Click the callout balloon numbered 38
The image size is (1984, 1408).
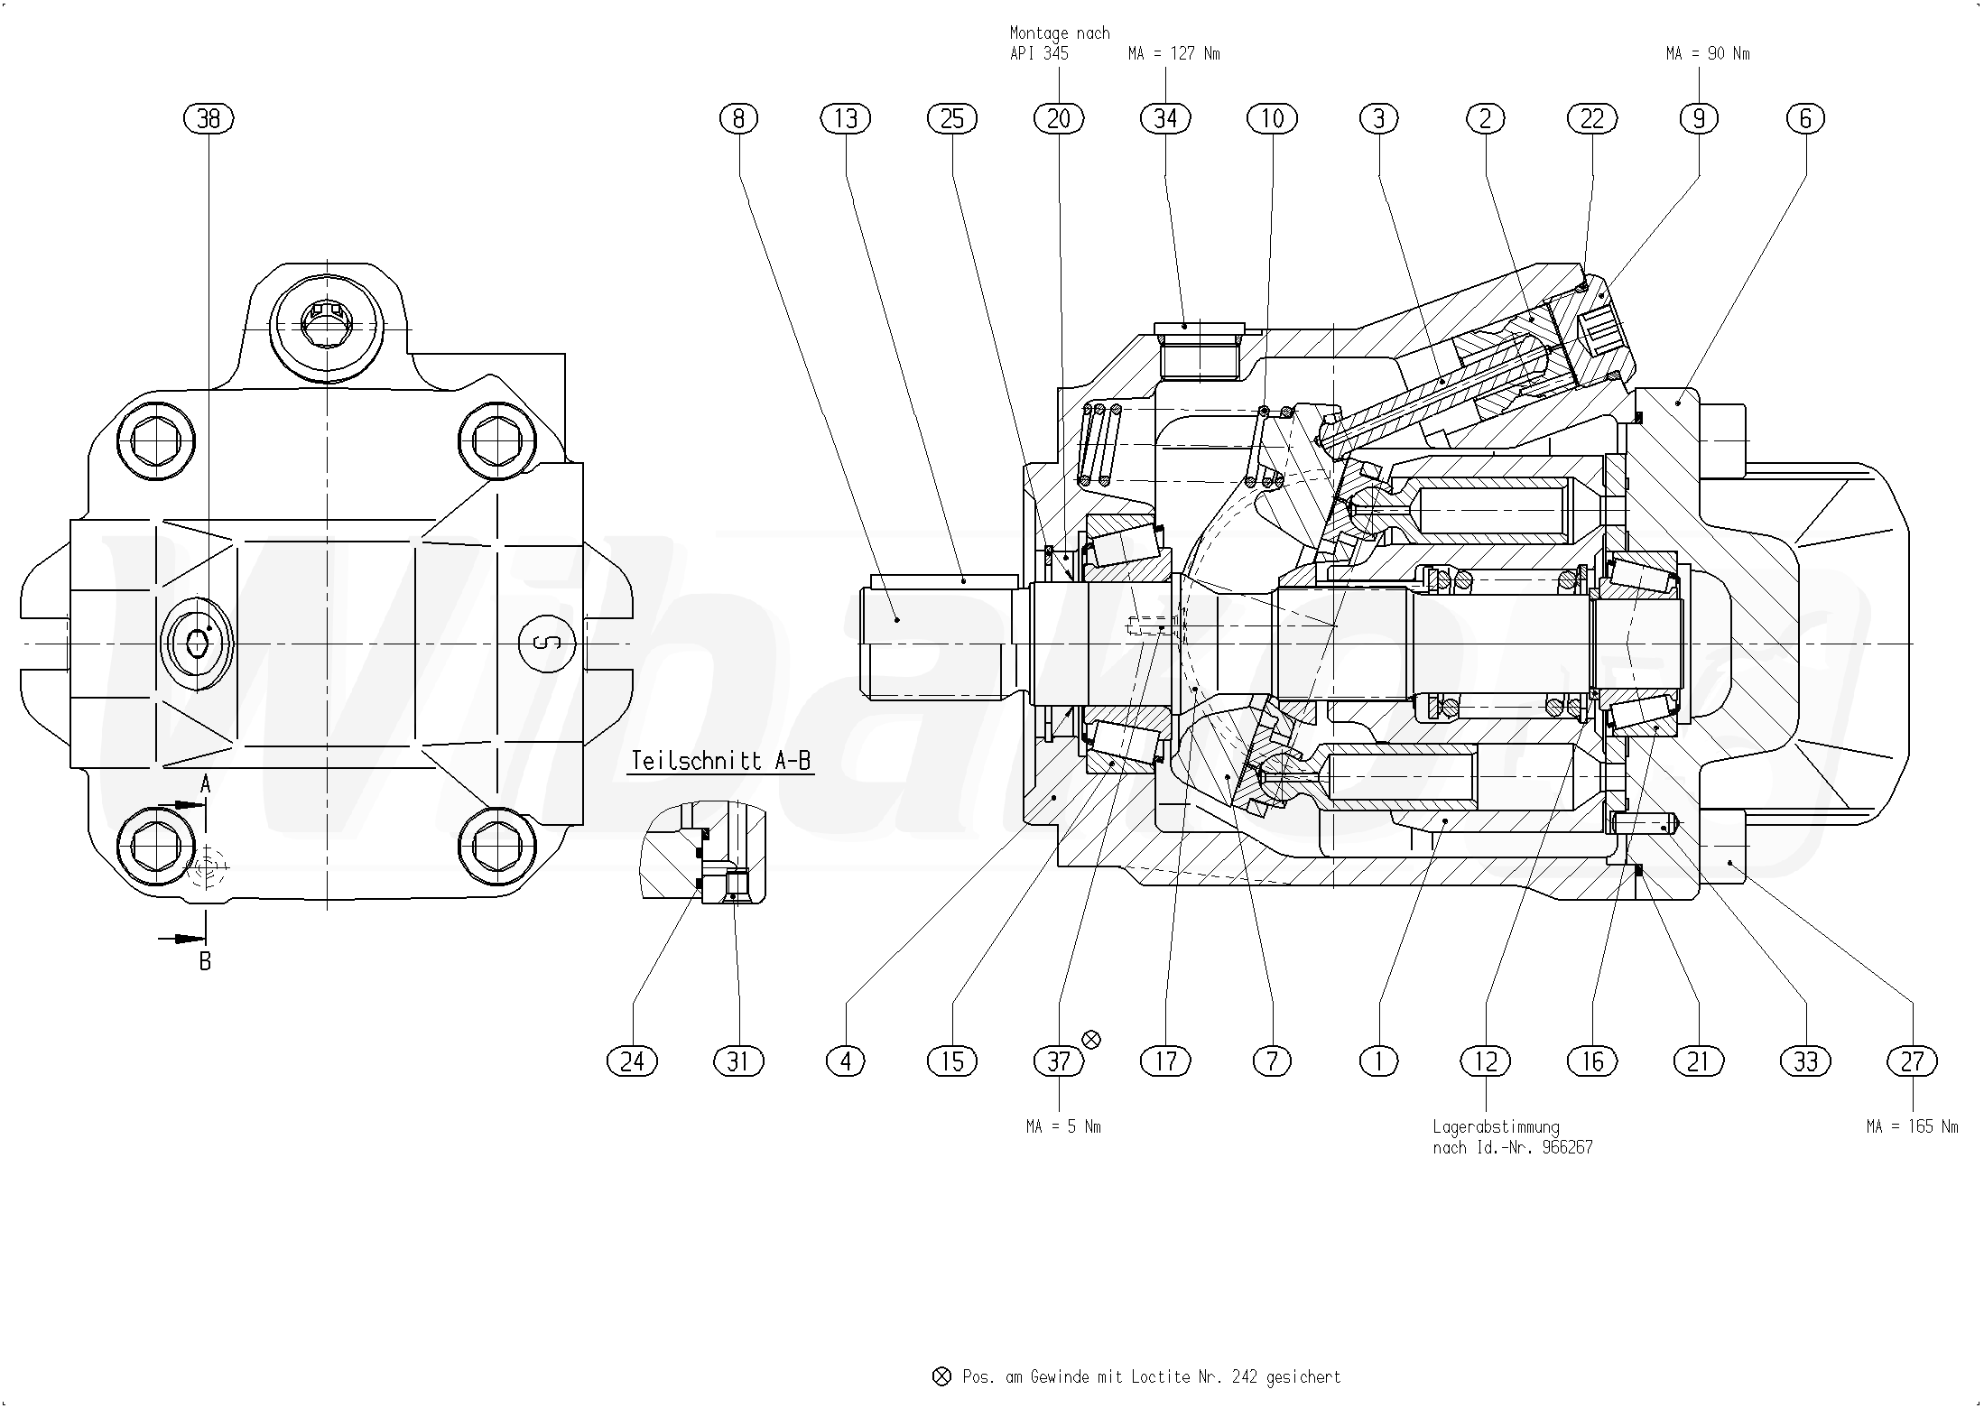(x=209, y=118)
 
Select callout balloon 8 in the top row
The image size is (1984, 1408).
(x=739, y=118)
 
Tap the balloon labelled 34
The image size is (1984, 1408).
(x=1165, y=118)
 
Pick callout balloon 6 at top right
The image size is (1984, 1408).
(x=1805, y=118)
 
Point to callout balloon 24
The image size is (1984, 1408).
(x=632, y=1061)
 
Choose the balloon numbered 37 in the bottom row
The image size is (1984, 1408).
(x=1059, y=1061)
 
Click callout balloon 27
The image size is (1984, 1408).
(x=1913, y=1061)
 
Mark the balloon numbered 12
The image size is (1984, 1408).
(x=1486, y=1061)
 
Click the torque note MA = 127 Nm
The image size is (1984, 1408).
(x=1173, y=54)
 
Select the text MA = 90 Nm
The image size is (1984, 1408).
(x=1708, y=54)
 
